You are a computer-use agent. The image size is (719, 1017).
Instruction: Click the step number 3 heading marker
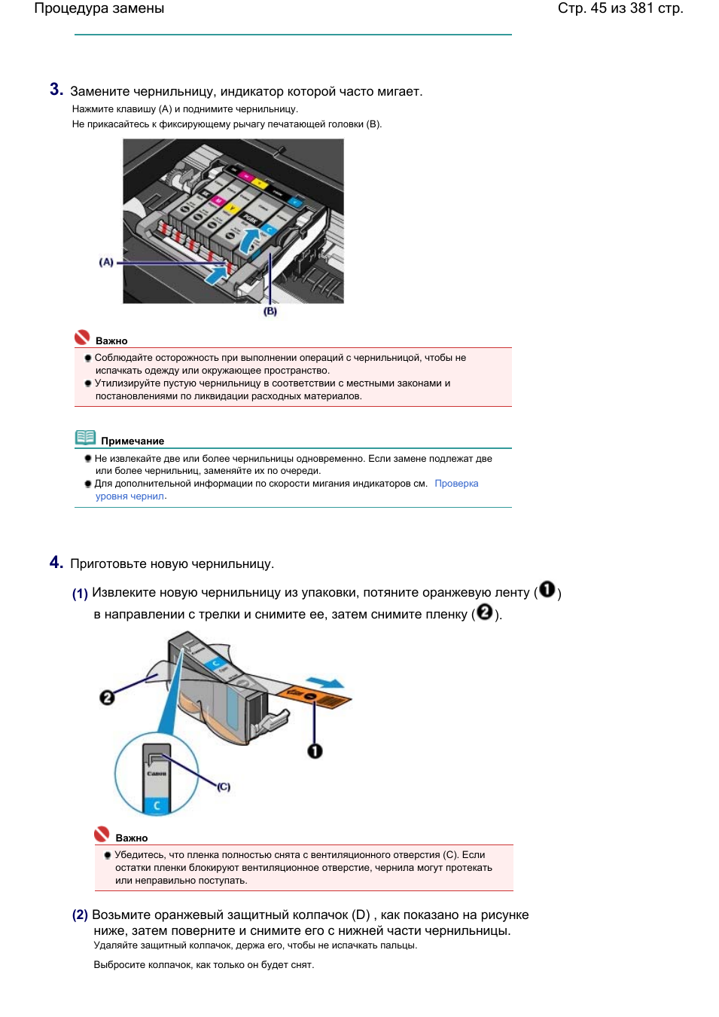pyautogui.click(x=56, y=90)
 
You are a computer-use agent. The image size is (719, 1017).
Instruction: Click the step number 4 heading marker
pyautogui.click(x=56, y=562)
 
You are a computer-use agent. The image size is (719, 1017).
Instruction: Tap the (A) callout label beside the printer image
pyautogui.click(x=106, y=262)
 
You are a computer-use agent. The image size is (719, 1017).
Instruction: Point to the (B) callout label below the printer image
pyautogui.click(x=270, y=311)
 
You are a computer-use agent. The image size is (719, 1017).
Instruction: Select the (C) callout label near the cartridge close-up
pyautogui.click(x=223, y=786)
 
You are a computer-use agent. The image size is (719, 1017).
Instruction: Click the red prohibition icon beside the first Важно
pyautogui.click(x=82, y=337)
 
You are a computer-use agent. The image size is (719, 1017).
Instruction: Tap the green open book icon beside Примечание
pyautogui.click(x=85, y=438)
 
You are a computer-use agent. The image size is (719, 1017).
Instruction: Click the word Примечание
pyautogui.click(x=133, y=441)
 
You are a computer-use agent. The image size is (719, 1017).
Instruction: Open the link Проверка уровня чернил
pyautogui.click(x=287, y=490)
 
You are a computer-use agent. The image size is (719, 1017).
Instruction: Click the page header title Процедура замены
pyautogui.click(x=99, y=8)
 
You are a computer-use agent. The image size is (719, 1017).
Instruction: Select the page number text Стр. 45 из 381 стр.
pyautogui.click(x=620, y=8)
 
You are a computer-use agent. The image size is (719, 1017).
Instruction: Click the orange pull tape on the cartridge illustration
pyautogui.click(x=314, y=697)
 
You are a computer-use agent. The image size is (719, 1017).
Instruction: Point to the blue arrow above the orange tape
pyautogui.click(x=324, y=683)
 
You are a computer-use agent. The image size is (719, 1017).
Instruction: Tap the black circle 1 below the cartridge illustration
pyautogui.click(x=315, y=751)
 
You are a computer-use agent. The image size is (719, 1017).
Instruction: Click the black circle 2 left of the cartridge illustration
pyautogui.click(x=107, y=698)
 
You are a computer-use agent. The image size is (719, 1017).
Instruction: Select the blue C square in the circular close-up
pyautogui.click(x=157, y=805)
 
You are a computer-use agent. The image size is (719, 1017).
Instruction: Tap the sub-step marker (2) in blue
pyautogui.click(x=80, y=915)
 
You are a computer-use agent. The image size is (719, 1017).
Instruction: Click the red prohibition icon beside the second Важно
pyautogui.click(x=102, y=834)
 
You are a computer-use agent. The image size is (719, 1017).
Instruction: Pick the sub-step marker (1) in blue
pyautogui.click(x=80, y=594)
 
